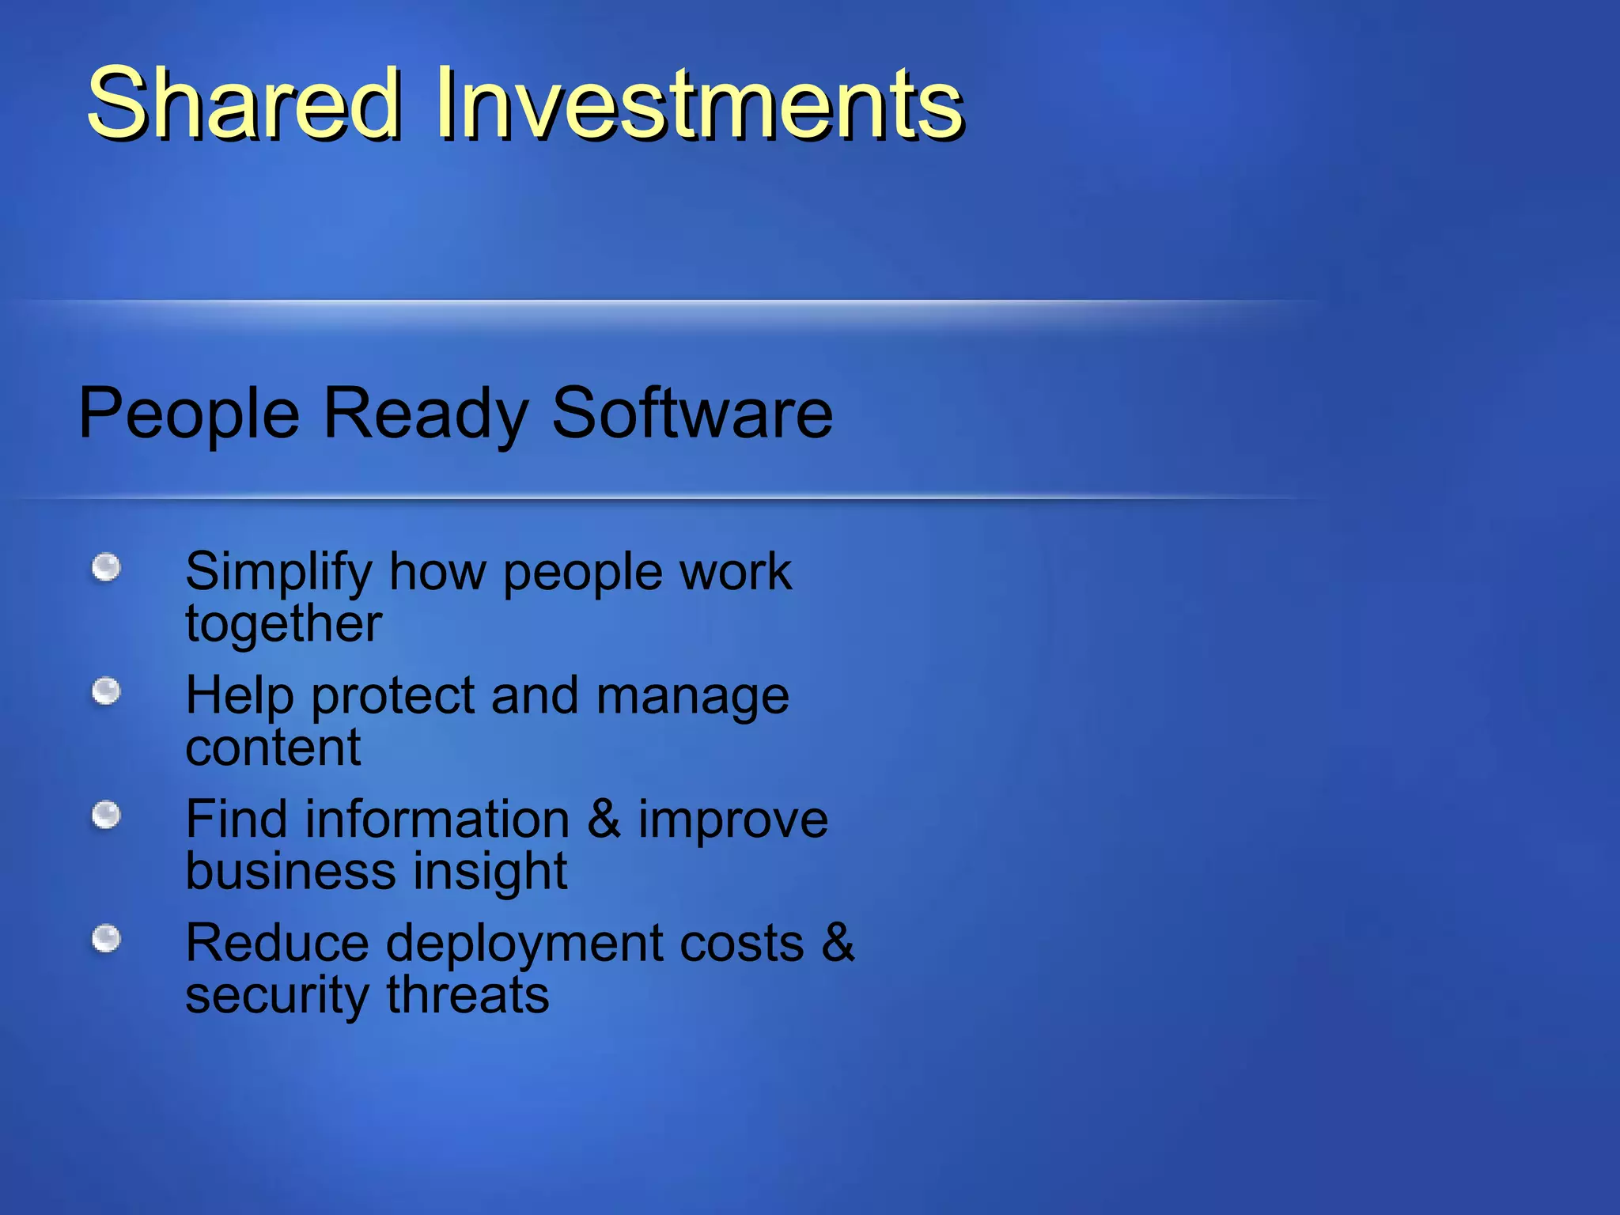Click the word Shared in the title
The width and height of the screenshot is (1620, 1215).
pyautogui.click(x=244, y=104)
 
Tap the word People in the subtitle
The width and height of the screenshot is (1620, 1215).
pyautogui.click(x=189, y=414)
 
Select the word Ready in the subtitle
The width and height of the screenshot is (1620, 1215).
pyautogui.click(x=425, y=414)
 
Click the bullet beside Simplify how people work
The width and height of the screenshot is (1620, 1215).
pyautogui.click(x=106, y=567)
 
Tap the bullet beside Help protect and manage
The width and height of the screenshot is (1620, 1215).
pyautogui.click(x=106, y=691)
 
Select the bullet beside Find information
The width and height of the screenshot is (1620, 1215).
pyautogui.click(x=106, y=815)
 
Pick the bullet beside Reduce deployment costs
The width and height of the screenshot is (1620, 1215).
pyautogui.click(x=106, y=939)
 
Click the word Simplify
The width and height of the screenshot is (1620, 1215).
pyautogui.click(x=278, y=573)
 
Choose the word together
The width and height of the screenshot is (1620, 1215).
pyautogui.click(x=283, y=625)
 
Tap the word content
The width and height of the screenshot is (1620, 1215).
pyautogui.click(x=273, y=748)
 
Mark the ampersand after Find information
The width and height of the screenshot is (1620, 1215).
pyautogui.click(x=604, y=819)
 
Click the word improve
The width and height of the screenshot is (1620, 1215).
pyautogui.click(x=733, y=820)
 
